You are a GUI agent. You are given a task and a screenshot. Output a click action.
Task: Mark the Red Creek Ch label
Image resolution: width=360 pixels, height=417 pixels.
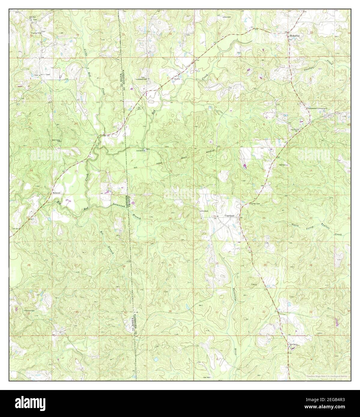pos(56,140)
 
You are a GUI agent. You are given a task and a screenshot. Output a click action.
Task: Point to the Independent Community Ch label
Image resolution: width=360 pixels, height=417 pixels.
pos(317,108)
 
